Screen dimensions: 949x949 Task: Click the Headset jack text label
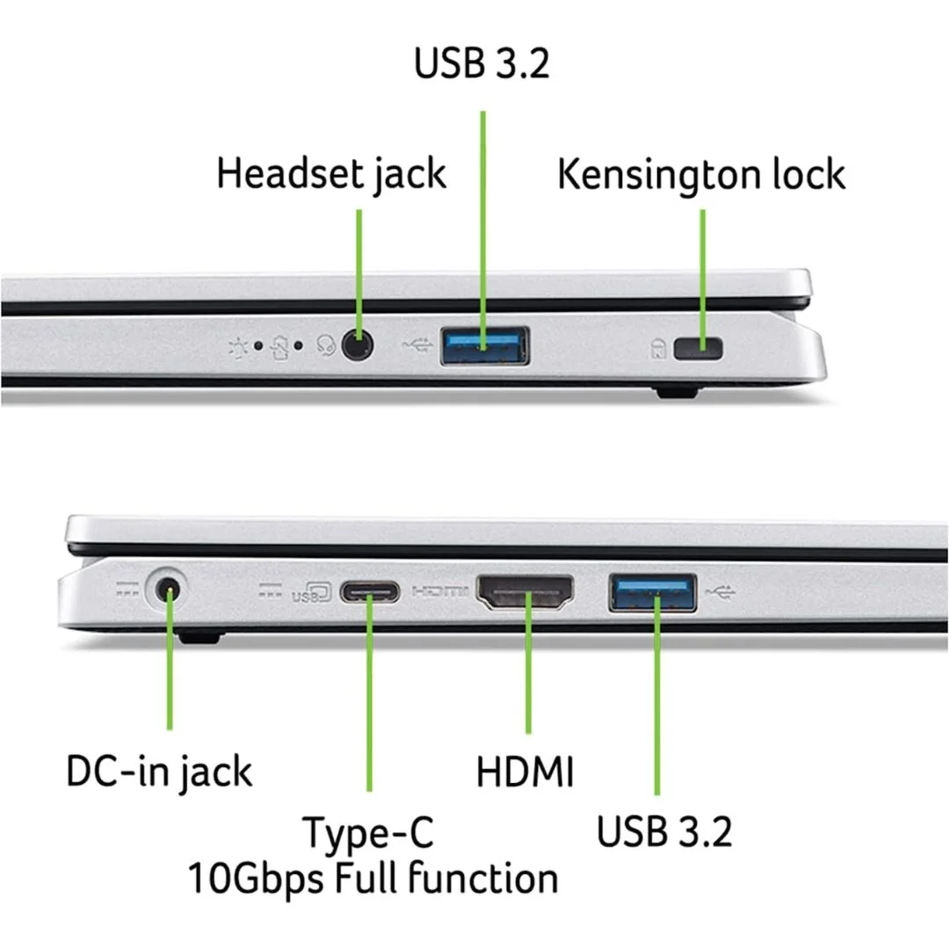pyautogui.click(x=331, y=173)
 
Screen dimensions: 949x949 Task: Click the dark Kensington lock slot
pyautogui.click(x=697, y=349)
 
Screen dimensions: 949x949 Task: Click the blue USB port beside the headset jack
pyautogui.click(x=485, y=346)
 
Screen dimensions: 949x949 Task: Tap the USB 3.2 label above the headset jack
pyautogui.click(x=482, y=64)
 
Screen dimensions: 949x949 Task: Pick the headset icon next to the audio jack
pyautogui.click(x=325, y=346)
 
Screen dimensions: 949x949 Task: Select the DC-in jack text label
pyautogui.click(x=159, y=772)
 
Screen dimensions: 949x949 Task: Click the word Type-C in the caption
pyautogui.click(x=368, y=832)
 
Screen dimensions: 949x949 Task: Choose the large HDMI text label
pyautogui.click(x=525, y=773)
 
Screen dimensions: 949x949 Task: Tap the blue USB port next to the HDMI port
pyautogui.click(x=653, y=592)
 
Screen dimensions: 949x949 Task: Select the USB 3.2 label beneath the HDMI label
pyautogui.click(x=664, y=830)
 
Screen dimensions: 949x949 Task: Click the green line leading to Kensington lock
pyautogui.click(x=701, y=264)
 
